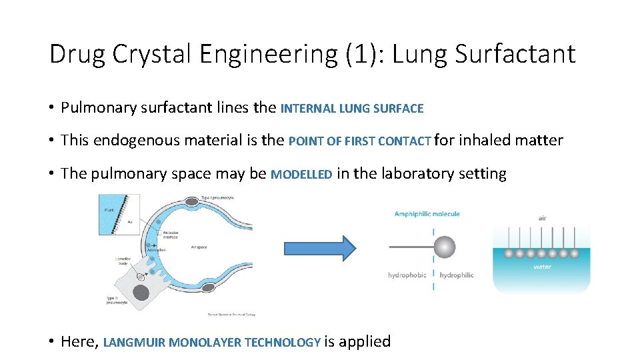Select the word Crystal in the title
pyautogui.click(x=148, y=54)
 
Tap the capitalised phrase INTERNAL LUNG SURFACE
pyautogui.click(x=352, y=108)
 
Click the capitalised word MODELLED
pyautogui.click(x=301, y=175)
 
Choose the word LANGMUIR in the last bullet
pyautogui.click(x=135, y=343)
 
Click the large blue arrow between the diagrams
pyautogui.click(x=320, y=248)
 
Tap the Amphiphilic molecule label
pyautogui.click(x=427, y=214)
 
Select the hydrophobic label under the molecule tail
pyautogui.click(x=407, y=275)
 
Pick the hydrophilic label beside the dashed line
pyautogui.click(x=457, y=275)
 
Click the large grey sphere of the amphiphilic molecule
pyautogui.click(x=445, y=247)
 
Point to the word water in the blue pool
pyautogui.click(x=542, y=267)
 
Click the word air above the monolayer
pyautogui.click(x=542, y=218)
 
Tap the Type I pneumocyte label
pyautogui.click(x=217, y=197)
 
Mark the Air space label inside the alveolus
pyautogui.click(x=198, y=247)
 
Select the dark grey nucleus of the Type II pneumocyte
pyautogui.click(x=141, y=292)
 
